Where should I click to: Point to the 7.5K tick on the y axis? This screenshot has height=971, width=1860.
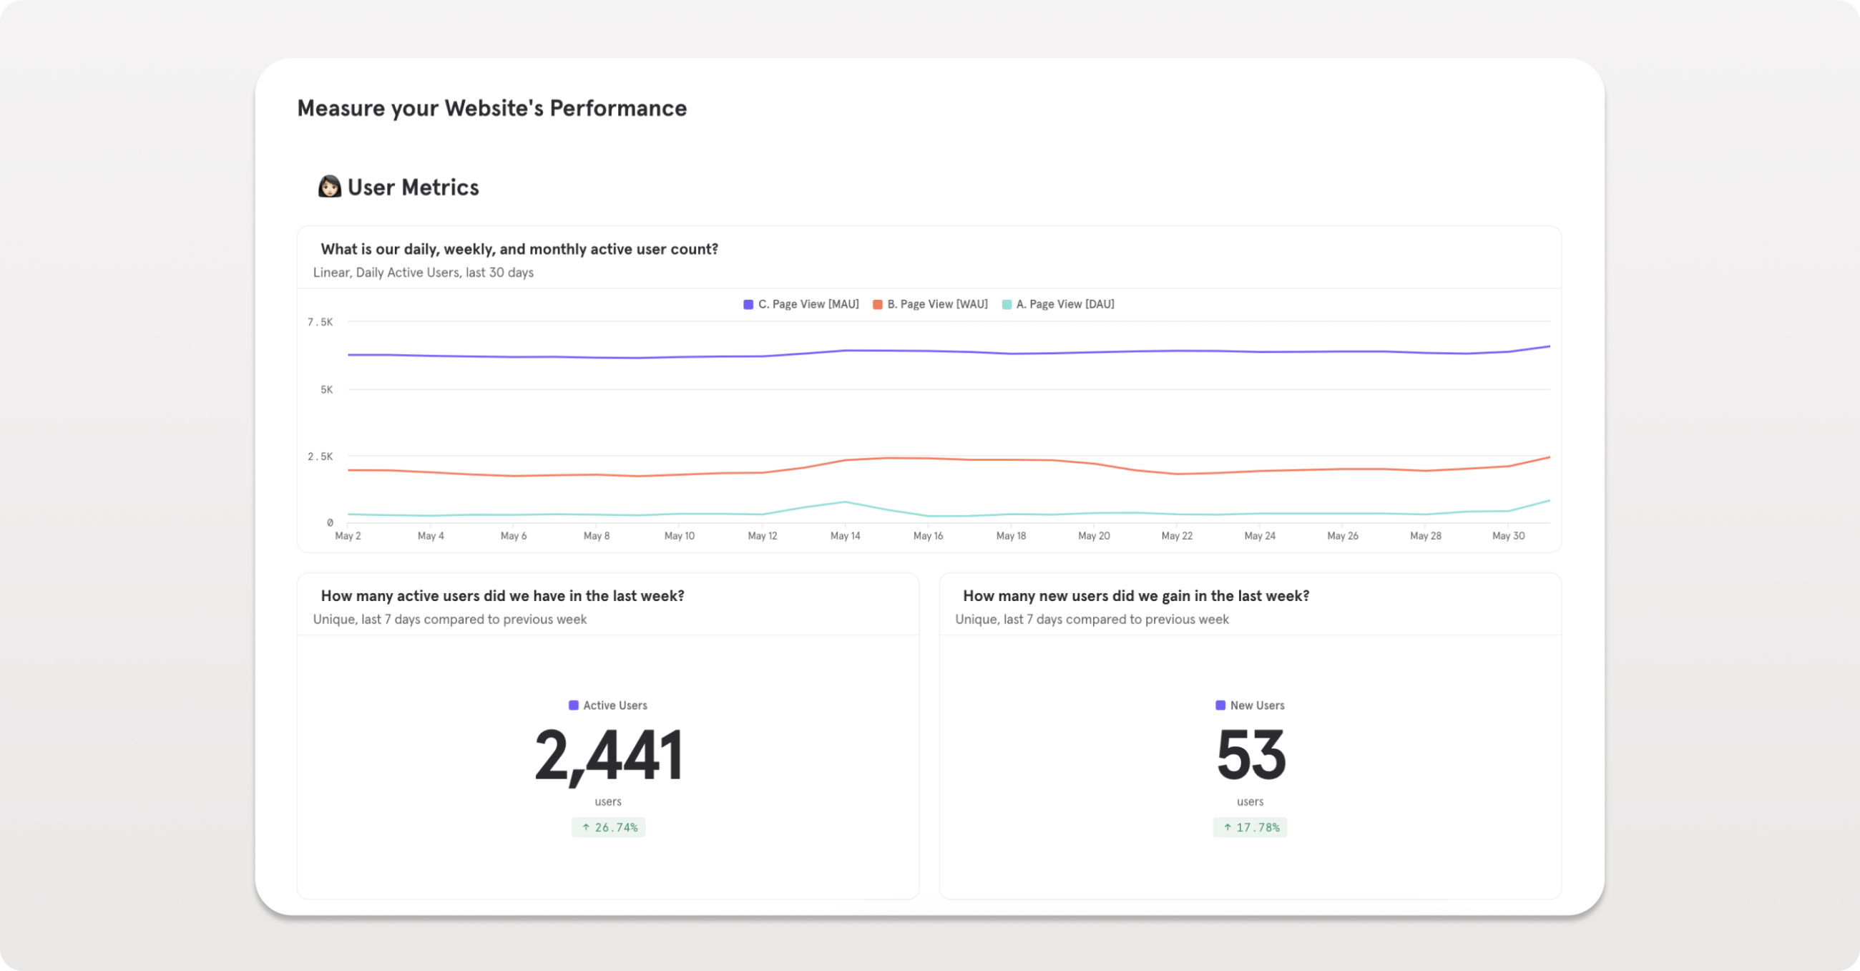(x=320, y=322)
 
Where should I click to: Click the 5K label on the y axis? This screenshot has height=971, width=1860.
(x=326, y=389)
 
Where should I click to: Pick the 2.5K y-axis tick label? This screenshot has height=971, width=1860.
(x=320, y=457)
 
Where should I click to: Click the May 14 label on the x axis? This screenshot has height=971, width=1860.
(x=845, y=536)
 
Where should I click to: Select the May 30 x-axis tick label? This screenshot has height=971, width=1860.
(x=1507, y=536)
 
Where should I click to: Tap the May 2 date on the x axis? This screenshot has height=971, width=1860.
(x=347, y=536)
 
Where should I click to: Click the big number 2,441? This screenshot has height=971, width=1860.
(x=608, y=756)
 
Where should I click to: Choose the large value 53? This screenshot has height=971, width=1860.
(x=1250, y=756)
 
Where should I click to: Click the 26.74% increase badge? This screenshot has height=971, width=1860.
(x=608, y=827)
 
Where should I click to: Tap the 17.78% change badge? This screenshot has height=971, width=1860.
(x=1250, y=827)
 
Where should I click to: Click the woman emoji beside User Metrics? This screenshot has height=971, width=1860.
(x=329, y=187)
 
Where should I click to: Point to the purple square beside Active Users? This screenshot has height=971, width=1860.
(x=573, y=705)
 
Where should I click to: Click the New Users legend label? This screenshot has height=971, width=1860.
(x=1256, y=705)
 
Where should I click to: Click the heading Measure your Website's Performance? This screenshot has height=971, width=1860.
(x=491, y=108)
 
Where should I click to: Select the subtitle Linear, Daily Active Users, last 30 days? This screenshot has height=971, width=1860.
(x=423, y=273)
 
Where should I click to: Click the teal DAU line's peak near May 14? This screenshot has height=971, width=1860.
(x=845, y=502)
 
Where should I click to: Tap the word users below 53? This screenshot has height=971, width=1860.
(x=1250, y=801)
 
